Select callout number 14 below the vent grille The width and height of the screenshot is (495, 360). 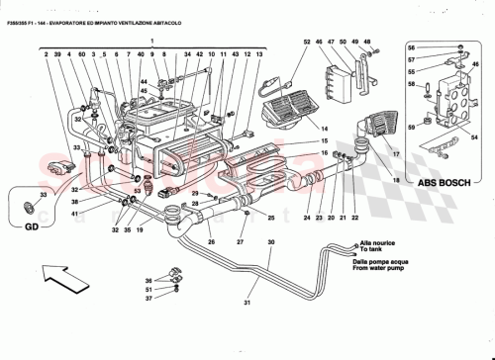[295, 128]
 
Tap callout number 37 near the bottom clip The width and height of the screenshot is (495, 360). [148, 297]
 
